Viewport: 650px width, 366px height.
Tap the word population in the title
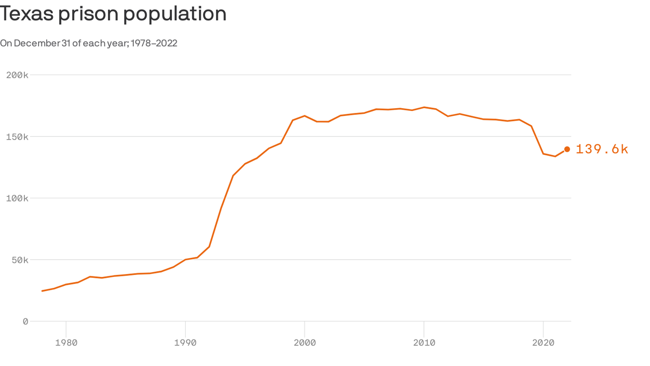pos(175,14)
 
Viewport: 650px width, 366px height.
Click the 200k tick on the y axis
pos(17,75)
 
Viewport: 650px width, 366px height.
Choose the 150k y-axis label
pos(17,137)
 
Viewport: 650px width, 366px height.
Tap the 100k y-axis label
pos(17,198)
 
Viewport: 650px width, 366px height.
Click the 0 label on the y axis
pos(25,321)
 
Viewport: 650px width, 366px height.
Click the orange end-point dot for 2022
pos(567,149)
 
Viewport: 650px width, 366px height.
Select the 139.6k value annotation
pos(602,149)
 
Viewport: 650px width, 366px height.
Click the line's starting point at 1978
pos(42,291)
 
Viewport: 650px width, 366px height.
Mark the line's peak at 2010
pos(424,107)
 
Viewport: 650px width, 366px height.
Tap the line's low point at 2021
pos(555,156)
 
